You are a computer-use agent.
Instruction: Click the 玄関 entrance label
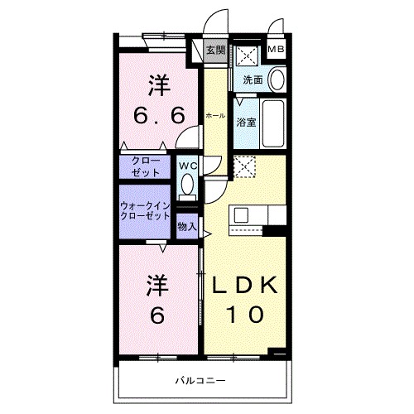tap(214, 51)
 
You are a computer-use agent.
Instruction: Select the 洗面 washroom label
tap(253, 80)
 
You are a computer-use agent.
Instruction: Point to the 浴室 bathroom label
tap(246, 123)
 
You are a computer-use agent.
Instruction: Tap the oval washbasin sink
tap(278, 80)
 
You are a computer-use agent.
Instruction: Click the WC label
tap(188, 164)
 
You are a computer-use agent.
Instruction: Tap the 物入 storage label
tap(187, 225)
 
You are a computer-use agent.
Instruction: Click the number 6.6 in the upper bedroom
tap(156, 116)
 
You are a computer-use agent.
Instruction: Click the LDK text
tap(246, 286)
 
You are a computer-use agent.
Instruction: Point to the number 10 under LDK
tap(246, 315)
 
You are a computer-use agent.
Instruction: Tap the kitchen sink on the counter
tap(242, 216)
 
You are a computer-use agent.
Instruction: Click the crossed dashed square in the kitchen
tap(245, 167)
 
